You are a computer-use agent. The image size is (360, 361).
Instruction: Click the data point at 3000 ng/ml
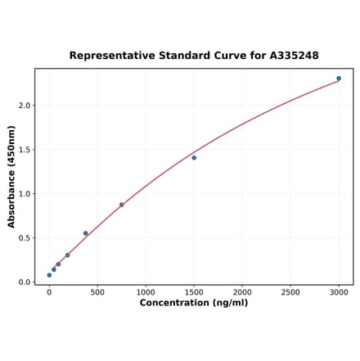pos(339,79)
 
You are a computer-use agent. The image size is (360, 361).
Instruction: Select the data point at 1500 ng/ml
pos(194,157)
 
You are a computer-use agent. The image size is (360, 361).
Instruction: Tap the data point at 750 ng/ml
pos(121,205)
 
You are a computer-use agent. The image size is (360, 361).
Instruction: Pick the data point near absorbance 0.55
pos(85,233)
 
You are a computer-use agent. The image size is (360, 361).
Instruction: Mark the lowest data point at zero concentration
pos(49,275)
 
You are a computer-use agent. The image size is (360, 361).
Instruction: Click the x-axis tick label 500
pos(97,291)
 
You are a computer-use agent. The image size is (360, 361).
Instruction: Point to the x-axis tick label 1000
pos(146,291)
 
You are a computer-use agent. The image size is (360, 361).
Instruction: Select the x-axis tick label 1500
pos(194,291)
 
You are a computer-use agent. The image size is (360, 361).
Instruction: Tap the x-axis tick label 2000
pos(242,291)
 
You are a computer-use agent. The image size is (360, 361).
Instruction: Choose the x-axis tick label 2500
pos(290,291)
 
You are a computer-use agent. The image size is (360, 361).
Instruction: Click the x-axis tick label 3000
pos(339,291)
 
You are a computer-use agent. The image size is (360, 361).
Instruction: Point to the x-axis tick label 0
pos(49,291)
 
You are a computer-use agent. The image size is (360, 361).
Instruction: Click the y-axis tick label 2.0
pos(24,106)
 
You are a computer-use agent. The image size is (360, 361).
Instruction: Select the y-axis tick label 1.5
pos(24,150)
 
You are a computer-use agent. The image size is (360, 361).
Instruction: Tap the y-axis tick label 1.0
pos(24,194)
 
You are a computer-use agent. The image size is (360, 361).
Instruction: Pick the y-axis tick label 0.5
pos(24,238)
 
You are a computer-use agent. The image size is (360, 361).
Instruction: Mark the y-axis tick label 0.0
pos(24,282)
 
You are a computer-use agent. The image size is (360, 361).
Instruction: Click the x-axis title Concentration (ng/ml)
pos(194,303)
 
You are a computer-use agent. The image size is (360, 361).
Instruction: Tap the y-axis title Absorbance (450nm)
pos(11,176)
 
